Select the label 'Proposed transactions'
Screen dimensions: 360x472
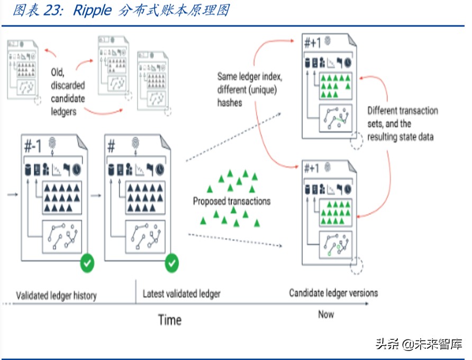(x=231, y=201)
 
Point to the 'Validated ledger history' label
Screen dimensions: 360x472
(x=56, y=295)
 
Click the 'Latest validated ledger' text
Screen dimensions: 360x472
(x=181, y=294)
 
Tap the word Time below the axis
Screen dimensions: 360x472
(x=169, y=320)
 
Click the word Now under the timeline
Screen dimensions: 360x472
(x=326, y=314)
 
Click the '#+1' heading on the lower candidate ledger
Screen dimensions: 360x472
(x=312, y=169)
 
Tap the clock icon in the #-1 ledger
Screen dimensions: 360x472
(x=77, y=169)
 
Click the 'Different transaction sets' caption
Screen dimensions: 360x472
(x=403, y=124)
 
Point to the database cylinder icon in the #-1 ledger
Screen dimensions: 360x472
(x=28, y=169)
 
